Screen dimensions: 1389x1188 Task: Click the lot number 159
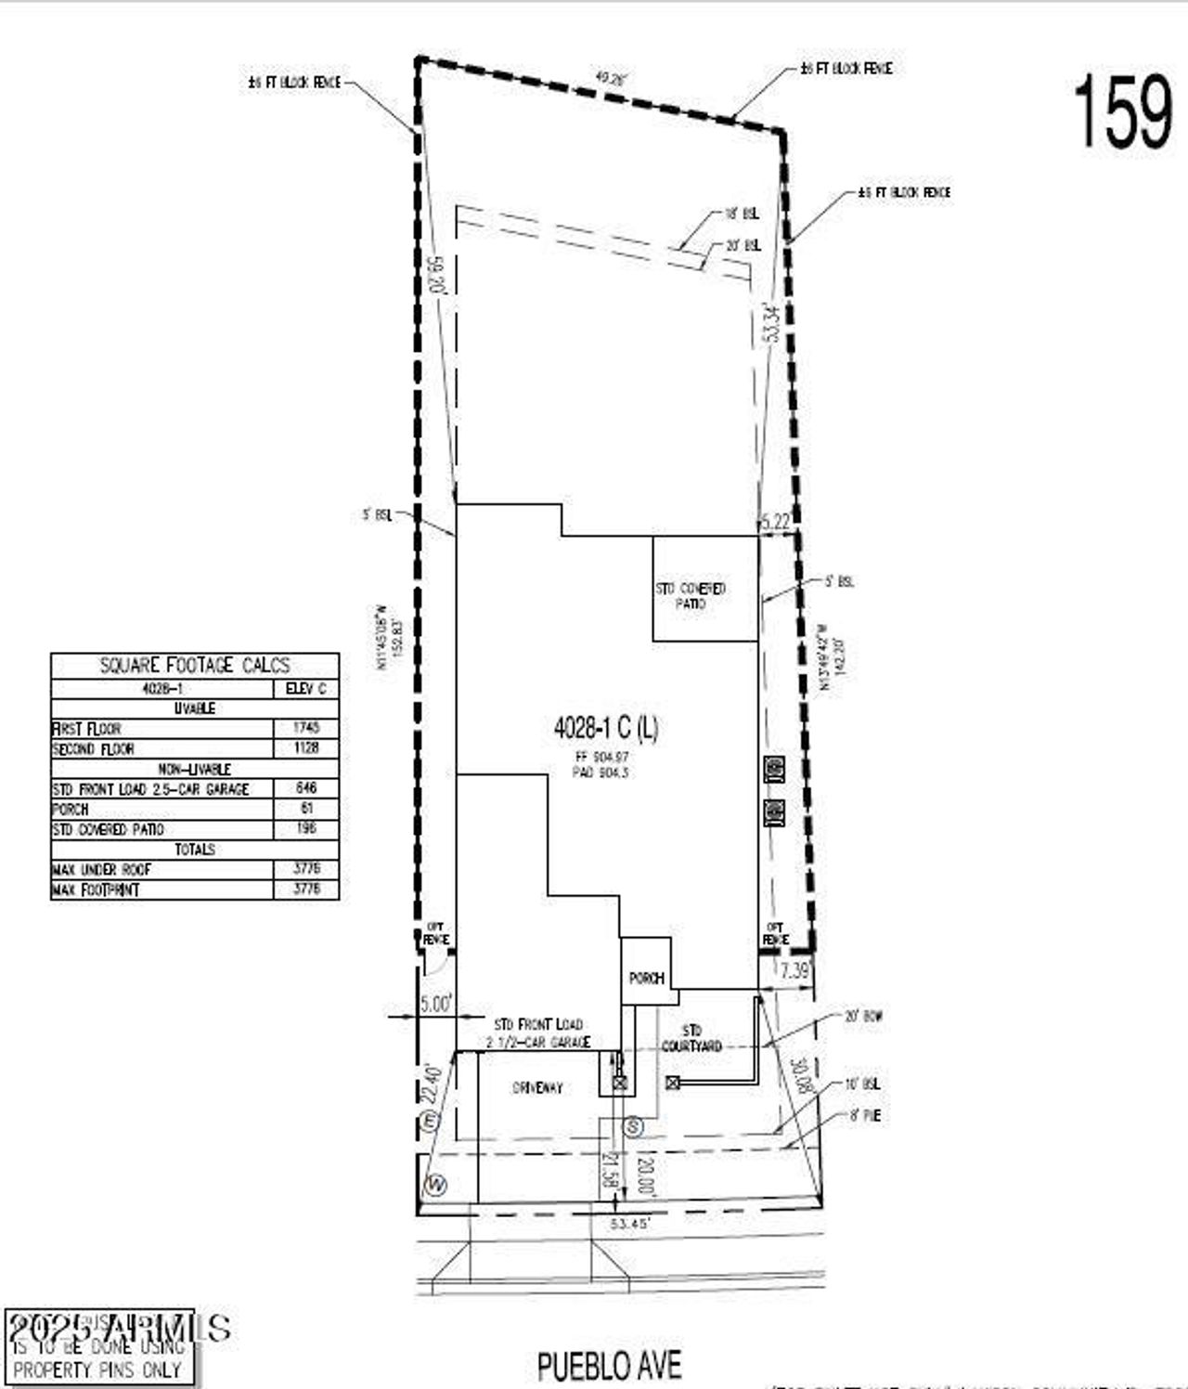click(x=1123, y=111)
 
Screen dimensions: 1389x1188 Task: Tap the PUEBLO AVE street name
click(x=609, y=1366)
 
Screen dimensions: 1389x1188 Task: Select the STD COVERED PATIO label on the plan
click(x=691, y=596)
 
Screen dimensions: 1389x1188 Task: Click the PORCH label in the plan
click(x=646, y=979)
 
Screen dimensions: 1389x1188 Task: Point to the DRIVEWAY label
click(x=537, y=1087)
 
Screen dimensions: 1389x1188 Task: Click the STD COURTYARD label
click(x=691, y=1038)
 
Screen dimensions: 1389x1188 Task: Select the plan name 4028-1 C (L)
click(x=606, y=729)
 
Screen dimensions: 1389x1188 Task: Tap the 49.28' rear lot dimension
click(x=612, y=80)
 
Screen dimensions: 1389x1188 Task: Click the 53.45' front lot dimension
click(x=630, y=1224)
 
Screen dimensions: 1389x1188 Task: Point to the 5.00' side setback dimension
click(x=435, y=1004)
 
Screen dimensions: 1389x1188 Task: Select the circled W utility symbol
click(x=433, y=1185)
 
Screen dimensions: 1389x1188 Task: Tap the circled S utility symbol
click(x=633, y=1127)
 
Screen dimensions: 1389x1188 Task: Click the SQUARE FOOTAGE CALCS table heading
click(x=195, y=666)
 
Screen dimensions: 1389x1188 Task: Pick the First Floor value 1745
click(x=305, y=728)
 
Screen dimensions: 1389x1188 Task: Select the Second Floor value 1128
click(x=305, y=748)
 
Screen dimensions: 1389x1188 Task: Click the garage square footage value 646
click(x=305, y=788)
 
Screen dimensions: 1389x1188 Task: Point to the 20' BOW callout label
click(x=862, y=1017)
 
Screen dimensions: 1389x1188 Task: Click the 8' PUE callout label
click(x=864, y=1116)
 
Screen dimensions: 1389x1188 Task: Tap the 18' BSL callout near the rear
click(x=742, y=214)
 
